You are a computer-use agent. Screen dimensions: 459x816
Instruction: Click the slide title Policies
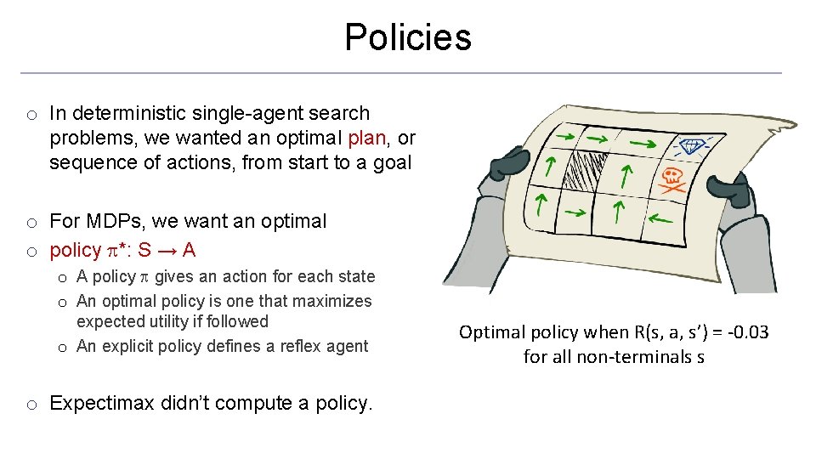(407, 37)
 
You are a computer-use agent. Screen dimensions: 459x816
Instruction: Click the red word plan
(367, 138)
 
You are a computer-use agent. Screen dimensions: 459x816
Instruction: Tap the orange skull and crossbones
(672, 179)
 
